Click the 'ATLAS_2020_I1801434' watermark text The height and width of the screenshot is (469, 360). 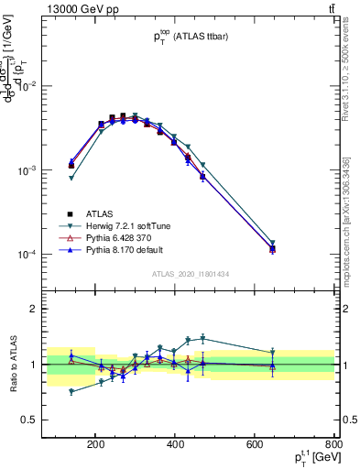[191, 274]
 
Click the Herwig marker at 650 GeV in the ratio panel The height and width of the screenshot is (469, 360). [272, 353]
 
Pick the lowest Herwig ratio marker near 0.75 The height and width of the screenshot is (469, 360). [71, 391]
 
